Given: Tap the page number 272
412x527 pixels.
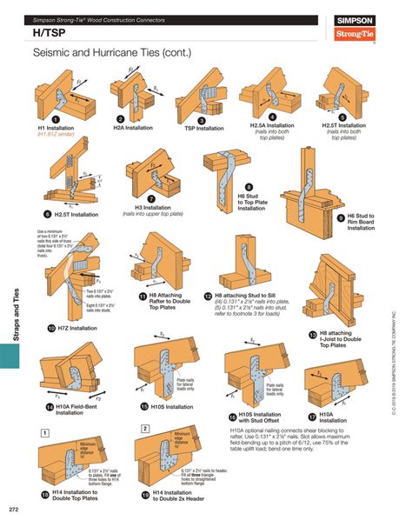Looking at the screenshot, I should pyautogui.click(x=14, y=509).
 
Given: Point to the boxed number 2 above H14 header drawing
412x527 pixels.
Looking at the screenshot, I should pyautogui.click(x=145, y=429).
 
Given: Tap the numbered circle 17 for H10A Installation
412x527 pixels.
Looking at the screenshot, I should pyautogui.click(x=312, y=416).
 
